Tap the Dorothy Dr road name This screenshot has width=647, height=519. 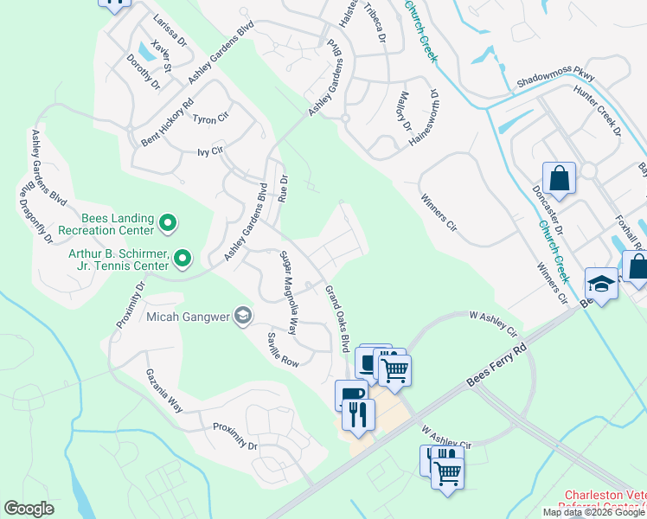(143, 72)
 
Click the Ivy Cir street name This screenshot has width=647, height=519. (211, 151)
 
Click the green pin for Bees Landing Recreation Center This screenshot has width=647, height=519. (168, 225)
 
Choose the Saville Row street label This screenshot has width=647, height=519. (282, 349)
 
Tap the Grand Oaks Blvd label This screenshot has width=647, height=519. (336, 318)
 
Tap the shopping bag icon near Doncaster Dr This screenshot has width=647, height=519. (559, 179)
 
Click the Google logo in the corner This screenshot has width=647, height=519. (29, 509)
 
